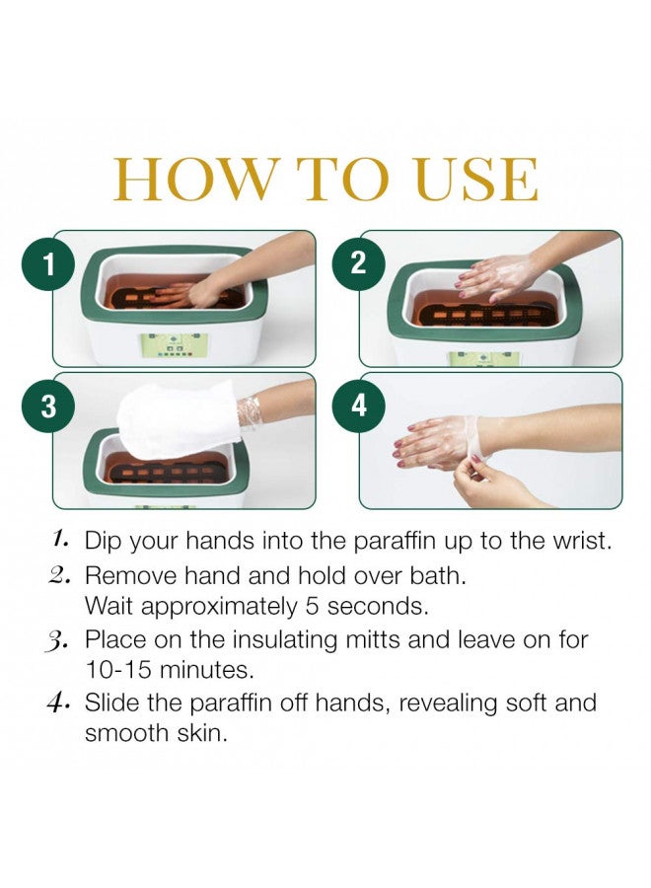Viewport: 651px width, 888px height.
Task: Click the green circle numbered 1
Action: pos(47,264)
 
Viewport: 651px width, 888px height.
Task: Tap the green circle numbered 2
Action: pos(358,263)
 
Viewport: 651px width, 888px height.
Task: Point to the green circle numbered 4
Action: pos(358,405)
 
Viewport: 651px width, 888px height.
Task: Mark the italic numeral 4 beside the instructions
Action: pos(58,703)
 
